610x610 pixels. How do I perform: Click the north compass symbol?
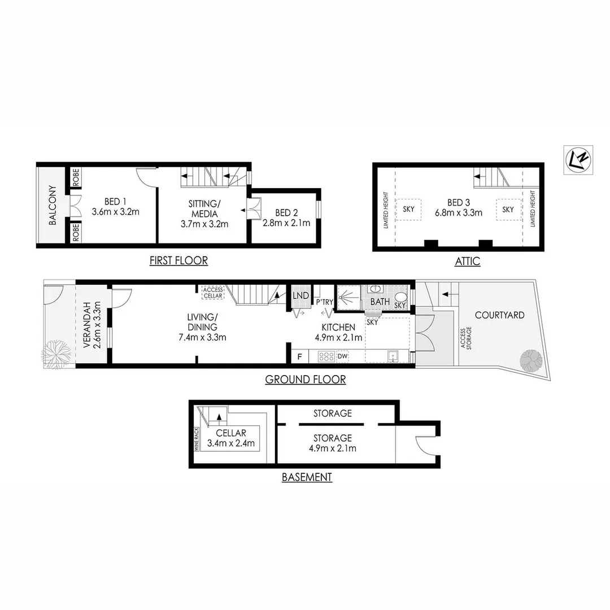point(578,160)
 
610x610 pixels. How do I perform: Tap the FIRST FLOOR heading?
point(178,260)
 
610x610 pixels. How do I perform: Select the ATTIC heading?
point(467,261)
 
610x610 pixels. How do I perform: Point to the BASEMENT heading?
point(307,477)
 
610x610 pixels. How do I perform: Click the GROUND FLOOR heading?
point(306,380)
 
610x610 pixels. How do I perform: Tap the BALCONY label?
point(53,206)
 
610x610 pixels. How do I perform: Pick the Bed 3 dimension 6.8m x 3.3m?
point(457,213)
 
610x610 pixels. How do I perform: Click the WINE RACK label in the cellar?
point(197,438)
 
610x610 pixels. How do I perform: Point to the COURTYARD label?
point(499,315)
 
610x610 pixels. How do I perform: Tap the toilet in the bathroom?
point(400,297)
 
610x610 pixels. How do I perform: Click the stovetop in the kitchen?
point(326,356)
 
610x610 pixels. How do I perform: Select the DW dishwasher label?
point(342,356)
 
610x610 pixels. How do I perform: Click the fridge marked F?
point(300,357)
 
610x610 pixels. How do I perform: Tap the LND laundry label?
point(301,295)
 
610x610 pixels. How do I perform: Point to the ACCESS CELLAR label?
point(213,293)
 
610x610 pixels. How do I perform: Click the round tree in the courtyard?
point(531,360)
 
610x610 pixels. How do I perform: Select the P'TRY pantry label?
point(324,302)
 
